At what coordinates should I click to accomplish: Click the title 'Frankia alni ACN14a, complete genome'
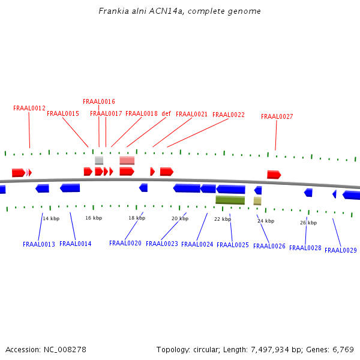[179, 11]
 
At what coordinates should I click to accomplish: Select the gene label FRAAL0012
[29, 108]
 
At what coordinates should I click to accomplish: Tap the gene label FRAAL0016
[99, 101]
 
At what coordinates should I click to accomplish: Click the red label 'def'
[166, 113]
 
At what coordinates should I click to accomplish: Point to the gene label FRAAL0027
[277, 116]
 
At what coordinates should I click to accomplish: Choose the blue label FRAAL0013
[39, 244]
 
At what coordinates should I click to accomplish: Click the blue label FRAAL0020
[125, 243]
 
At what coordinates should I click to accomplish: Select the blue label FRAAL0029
[341, 250]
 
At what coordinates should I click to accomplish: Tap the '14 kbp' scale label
[51, 218]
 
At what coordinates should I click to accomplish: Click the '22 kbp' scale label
[223, 219]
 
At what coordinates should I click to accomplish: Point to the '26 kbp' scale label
[308, 223]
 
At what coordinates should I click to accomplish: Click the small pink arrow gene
[28, 172]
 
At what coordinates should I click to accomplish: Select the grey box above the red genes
[99, 160]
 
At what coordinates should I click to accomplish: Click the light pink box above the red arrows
[127, 160]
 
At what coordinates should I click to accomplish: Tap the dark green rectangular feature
[230, 200]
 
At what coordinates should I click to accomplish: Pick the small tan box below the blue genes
[257, 201]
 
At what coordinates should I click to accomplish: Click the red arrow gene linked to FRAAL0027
[274, 175]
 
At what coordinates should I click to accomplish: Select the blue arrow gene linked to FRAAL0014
[70, 188]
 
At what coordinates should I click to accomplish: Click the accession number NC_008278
[65, 350]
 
